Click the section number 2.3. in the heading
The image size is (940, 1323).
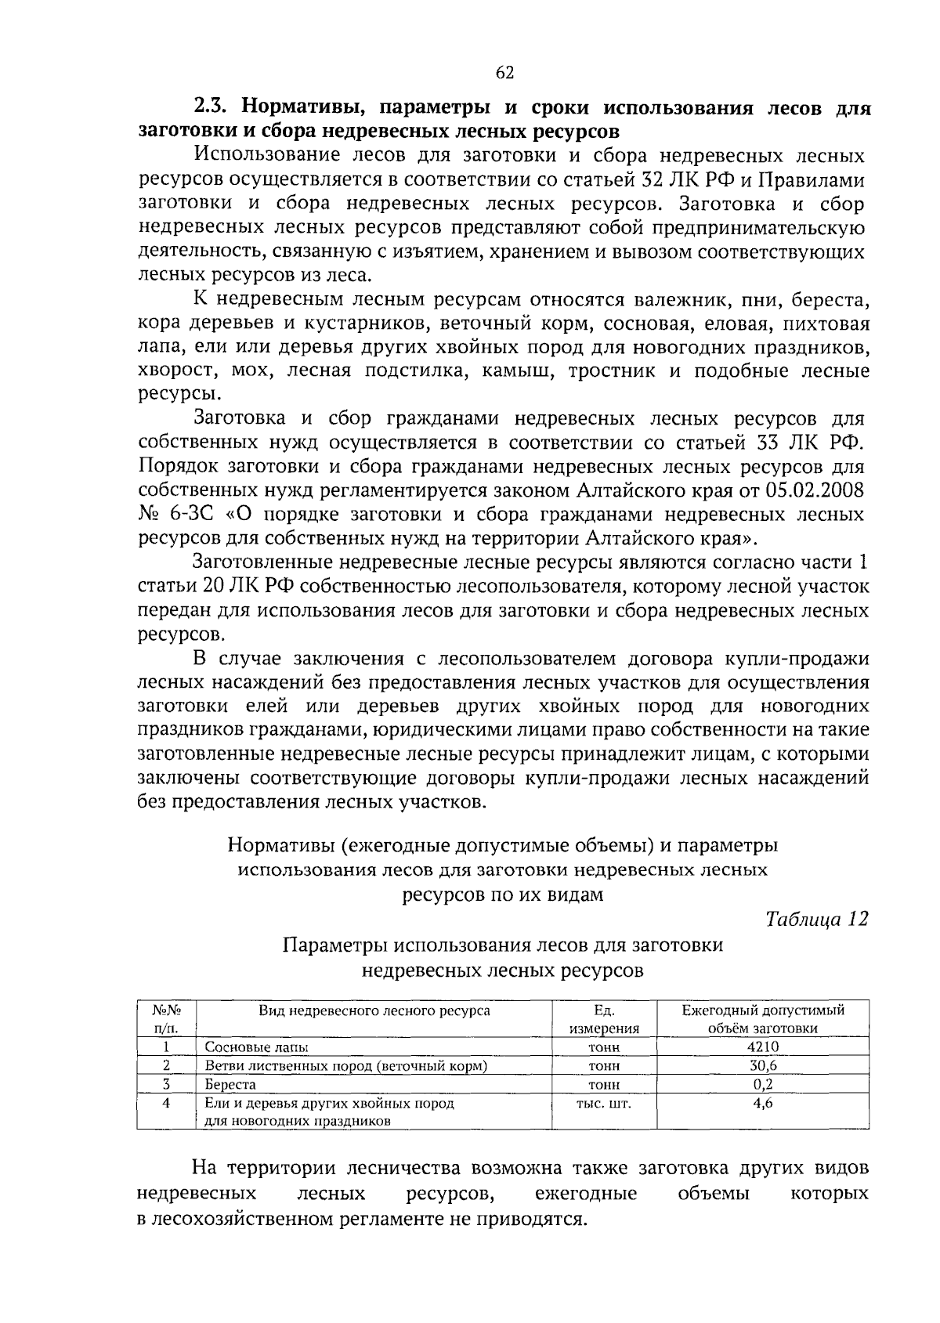coord(213,107)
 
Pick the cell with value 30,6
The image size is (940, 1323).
coord(762,1066)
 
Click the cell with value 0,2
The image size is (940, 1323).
coord(762,1085)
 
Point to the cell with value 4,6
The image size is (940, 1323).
coord(762,1103)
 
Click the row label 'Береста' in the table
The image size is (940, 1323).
coord(230,1085)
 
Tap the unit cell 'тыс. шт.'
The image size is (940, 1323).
coord(603,1103)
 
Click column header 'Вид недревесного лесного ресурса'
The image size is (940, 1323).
coord(374,1010)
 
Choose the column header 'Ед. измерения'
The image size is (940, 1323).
coord(604,1019)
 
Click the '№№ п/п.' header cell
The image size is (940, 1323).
coord(165,1019)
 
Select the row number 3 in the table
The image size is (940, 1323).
coord(166,1085)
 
